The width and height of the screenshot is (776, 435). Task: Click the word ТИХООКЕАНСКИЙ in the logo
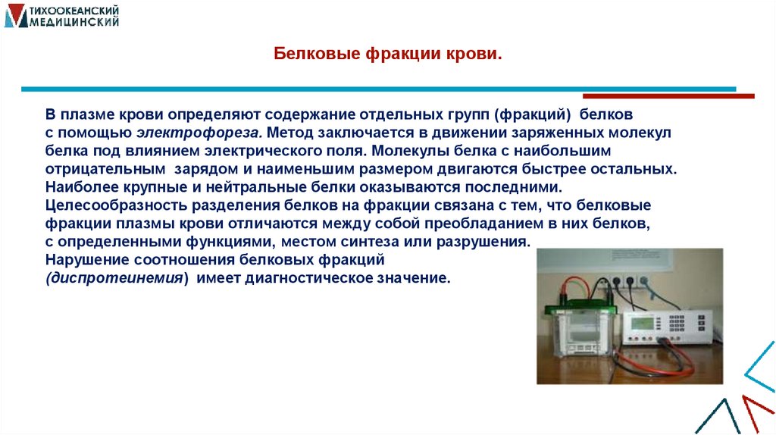pos(73,12)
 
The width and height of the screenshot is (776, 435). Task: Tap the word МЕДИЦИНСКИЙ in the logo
pos(74,24)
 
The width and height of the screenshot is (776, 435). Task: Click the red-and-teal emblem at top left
pos(14,17)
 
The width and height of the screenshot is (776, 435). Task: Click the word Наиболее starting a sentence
pos(75,186)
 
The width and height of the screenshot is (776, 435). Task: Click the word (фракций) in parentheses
pos(533,114)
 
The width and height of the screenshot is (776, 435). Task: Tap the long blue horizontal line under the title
pos(379,89)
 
